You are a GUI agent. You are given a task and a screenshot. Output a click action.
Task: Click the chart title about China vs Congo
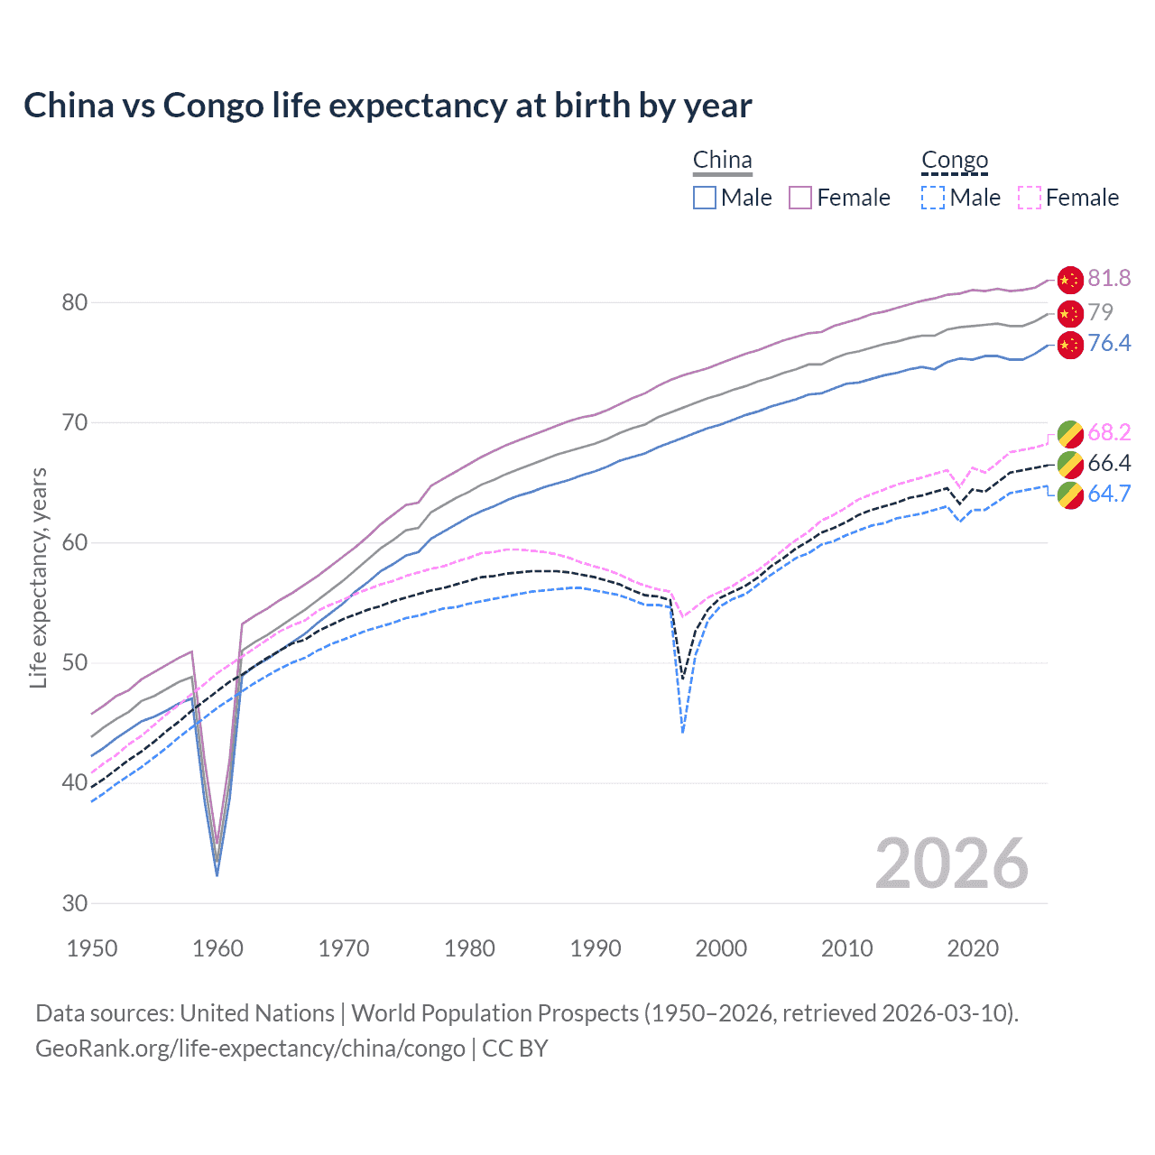tap(387, 106)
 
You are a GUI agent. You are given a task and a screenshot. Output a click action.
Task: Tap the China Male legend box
tap(705, 198)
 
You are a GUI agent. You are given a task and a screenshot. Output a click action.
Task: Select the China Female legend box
tap(800, 198)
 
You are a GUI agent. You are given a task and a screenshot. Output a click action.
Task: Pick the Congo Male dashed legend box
tap(933, 198)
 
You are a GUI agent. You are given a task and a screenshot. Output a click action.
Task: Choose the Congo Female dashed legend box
tap(1029, 198)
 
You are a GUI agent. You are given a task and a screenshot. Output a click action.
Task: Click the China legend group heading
tap(722, 161)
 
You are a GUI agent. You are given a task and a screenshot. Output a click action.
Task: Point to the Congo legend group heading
tap(955, 161)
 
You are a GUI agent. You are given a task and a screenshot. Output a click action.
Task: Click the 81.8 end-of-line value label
tap(1109, 278)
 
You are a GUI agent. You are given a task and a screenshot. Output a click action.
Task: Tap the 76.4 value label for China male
tap(1109, 343)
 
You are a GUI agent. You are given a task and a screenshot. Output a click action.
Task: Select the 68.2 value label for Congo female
tap(1109, 432)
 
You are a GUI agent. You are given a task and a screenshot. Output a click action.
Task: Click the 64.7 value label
tap(1109, 494)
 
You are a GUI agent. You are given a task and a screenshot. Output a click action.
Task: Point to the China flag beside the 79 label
tap(1069, 314)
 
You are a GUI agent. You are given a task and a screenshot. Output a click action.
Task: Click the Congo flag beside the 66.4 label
tap(1069, 465)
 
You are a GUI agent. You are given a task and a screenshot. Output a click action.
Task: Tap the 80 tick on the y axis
tap(74, 302)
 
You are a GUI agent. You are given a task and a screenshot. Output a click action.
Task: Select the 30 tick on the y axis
tap(74, 903)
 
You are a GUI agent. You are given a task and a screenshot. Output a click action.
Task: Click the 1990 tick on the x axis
tap(596, 948)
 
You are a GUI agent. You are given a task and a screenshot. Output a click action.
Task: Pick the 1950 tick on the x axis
tap(92, 948)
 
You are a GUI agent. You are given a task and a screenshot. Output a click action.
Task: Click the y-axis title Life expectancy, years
tap(38, 577)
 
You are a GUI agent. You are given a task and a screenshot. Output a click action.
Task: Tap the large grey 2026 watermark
tap(951, 864)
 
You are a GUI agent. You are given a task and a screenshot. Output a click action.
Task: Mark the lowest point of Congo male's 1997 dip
tap(683, 732)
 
